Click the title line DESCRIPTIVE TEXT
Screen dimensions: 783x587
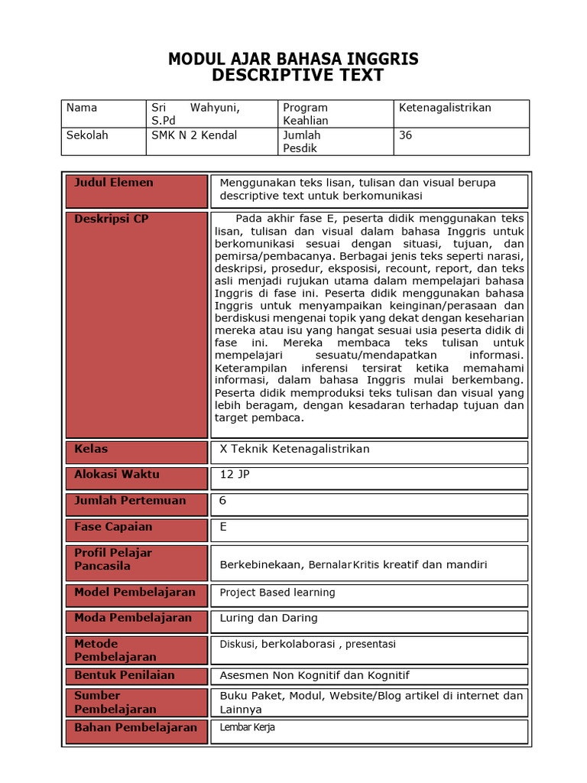click(x=297, y=75)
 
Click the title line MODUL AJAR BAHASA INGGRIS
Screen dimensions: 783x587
click(x=293, y=59)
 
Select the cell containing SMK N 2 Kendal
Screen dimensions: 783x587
click(x=194, y=135)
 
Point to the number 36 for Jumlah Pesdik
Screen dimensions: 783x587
click(x=405, y=135)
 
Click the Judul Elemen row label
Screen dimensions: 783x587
click(x=113, y=183)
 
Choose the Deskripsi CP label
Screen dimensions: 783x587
click(x=111, y=219)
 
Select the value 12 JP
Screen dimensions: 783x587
click(x=235, y=475)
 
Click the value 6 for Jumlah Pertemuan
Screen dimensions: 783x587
click(x=223, y=501)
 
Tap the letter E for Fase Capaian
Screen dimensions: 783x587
click(x=223, y=527)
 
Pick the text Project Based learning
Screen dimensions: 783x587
click(x=277, y=593)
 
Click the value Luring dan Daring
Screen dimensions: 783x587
click(x=268, y=618)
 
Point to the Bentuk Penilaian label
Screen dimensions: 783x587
click(x=124, y=675)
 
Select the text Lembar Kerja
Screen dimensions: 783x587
click(x=247, y=728)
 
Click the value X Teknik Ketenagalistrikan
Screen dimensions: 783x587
click(x=294, y=449)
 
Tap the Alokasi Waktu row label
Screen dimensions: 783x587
click(x=116, y=475)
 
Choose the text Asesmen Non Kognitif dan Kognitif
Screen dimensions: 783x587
click(x=314, y=675)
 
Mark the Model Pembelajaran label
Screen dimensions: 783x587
click(x=135, y=593)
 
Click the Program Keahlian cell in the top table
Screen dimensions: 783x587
click(x=305, y=114)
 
